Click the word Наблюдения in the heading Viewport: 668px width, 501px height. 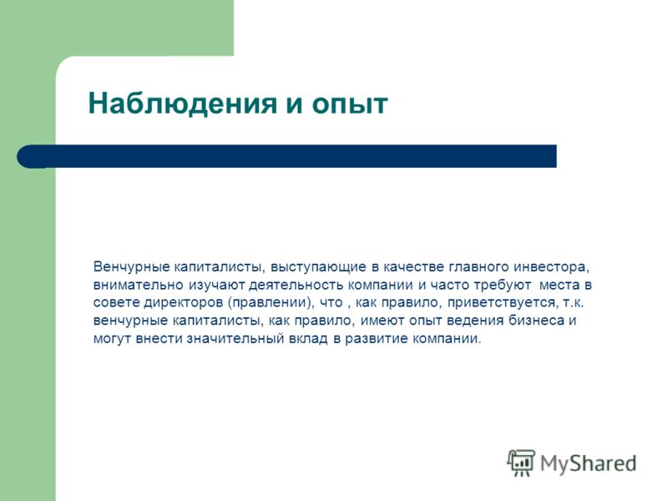(182, 104)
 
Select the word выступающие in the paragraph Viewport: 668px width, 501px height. (319, 268)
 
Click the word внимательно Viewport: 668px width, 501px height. (138, 285)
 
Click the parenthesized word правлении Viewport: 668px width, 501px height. (268, 303)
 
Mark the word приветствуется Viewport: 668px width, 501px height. (502, 303)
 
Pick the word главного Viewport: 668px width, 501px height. (478, 267)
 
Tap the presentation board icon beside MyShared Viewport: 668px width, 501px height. (521, 463)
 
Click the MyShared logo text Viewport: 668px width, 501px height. (588, 463)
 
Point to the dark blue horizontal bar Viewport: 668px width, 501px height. (286, 156)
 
